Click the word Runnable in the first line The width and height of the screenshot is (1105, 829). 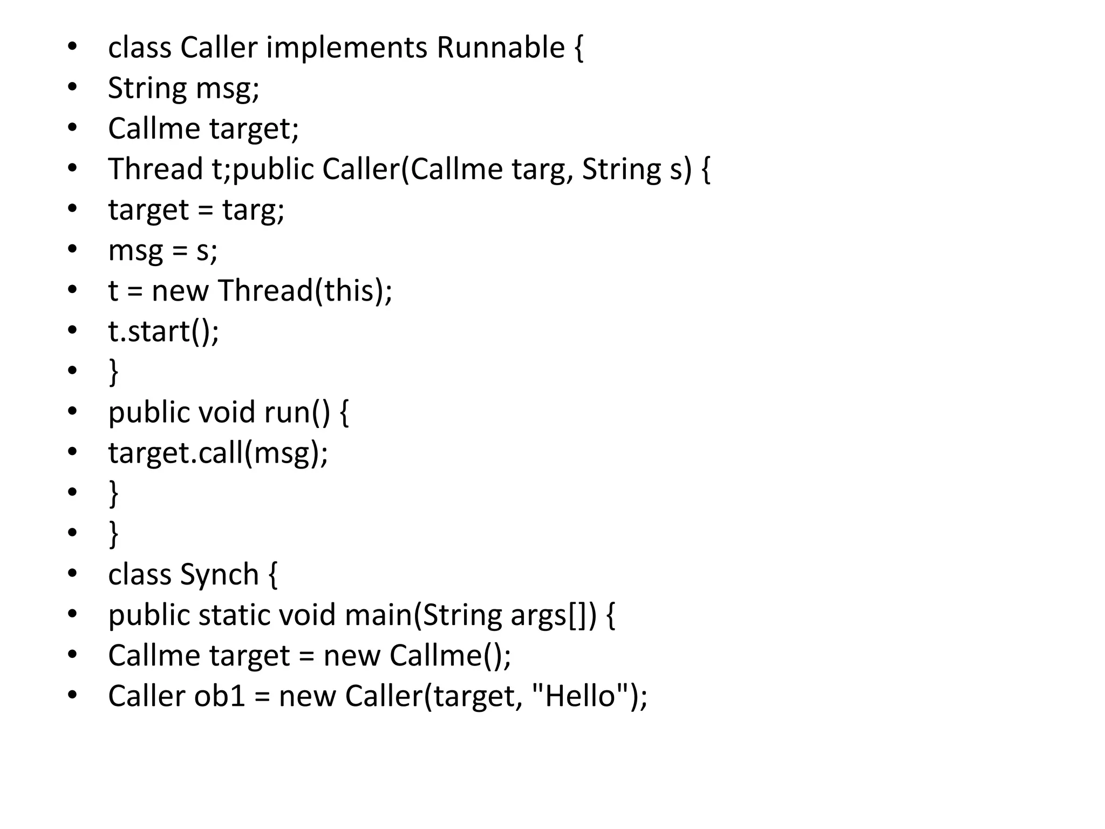click(500, 47)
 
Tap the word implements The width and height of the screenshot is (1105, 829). click(346, 47)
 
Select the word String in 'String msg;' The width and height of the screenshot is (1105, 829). click(146, 88)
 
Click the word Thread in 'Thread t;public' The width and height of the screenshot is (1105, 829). click(155, 169)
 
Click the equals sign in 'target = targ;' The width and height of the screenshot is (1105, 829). click(206, 209)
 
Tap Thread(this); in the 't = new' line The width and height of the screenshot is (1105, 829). click(305, 290)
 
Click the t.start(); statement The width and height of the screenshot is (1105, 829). click(163, 331)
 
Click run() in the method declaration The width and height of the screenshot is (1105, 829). click(297, 412)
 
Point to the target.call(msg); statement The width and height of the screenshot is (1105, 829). click(218, 453)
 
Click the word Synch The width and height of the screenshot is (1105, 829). click(220, 574)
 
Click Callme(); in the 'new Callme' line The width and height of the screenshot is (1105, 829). click(450, 655)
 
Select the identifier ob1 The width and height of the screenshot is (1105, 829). click(220, 696)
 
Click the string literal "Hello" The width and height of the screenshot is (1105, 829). click(581, 696)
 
